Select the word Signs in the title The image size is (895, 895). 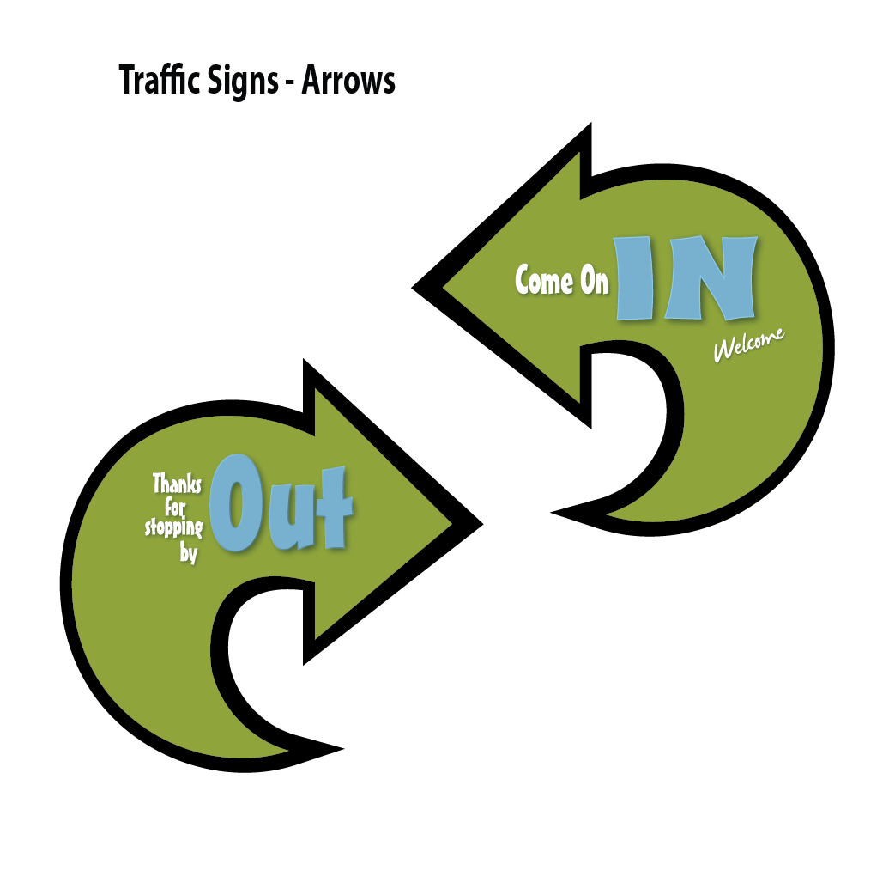coord(242,82)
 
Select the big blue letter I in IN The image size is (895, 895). coord(636,278)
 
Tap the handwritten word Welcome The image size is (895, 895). coord(748,345)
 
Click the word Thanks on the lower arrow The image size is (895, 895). coord(178,484)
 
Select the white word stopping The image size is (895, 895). coord(174,527)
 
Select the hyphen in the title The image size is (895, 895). coord(290,83)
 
